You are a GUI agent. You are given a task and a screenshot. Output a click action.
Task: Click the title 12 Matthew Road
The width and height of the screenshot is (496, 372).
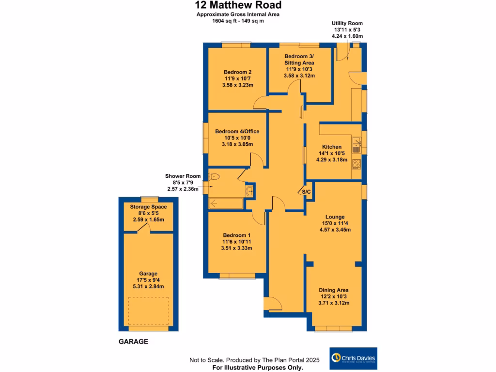click(x=238, y=6)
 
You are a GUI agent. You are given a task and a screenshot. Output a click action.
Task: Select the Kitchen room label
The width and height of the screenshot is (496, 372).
click(x=332, y=147)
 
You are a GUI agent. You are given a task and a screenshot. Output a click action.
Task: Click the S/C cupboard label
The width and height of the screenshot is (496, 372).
click(x=306, y=192)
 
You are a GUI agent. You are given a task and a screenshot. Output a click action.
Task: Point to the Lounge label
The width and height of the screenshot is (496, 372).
click(x=335, y=217)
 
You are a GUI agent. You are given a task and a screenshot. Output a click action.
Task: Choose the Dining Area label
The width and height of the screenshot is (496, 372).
click(x=334, y=290)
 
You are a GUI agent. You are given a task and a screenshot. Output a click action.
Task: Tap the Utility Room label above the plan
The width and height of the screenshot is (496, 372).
click(x=347, y=23)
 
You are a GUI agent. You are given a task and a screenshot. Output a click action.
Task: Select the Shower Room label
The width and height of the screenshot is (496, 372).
click(x=183, y=176)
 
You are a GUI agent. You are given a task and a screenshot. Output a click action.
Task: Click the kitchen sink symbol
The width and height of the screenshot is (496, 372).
click(x=357, y=142)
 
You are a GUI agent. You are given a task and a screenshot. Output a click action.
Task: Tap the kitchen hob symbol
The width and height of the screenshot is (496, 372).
click(x=357, y=164)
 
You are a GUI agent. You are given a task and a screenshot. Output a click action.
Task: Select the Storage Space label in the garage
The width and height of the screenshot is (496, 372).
click(x=149, y=207)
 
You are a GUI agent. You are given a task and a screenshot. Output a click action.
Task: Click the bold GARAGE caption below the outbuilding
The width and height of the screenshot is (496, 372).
click(x=133, y=341)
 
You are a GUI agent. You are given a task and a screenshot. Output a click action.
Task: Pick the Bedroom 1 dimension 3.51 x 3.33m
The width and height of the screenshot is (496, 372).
click(x=237, y=248)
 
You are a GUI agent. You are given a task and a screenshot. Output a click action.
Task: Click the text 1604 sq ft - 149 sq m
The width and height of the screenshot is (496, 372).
click(x=238, y=21)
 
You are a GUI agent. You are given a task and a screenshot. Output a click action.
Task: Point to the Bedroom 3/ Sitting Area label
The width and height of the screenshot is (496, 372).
click(x=299, y=60)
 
